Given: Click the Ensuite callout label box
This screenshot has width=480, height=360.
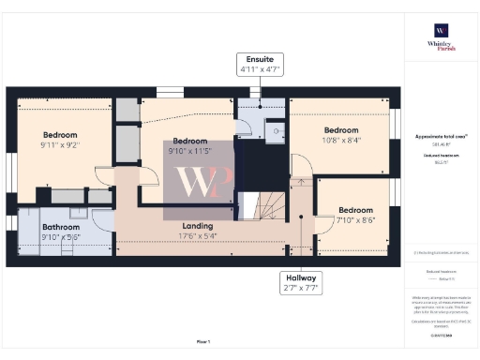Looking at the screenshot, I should pyautogui.click(x=259, y=64).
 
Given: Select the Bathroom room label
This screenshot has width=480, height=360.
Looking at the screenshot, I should pyautogui.click(x=60, y=227).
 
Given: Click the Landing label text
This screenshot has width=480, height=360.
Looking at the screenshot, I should pyautogui.click(x=198, y=226).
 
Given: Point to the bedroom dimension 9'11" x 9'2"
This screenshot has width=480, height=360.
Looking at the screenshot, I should pyautogui.click(x=58, y=145).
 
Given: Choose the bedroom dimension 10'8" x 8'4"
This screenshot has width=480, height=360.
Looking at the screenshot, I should pyautogui.click(x=341, y=141).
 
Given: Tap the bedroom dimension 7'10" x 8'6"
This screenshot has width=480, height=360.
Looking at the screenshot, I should pyautogui.click(x=355, y=220).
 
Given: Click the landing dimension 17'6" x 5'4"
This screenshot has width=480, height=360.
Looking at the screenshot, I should pyautogui.click(x=198, y=236).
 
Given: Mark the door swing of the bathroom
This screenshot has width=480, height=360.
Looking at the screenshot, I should pyautogui.click(x=103, y=218).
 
